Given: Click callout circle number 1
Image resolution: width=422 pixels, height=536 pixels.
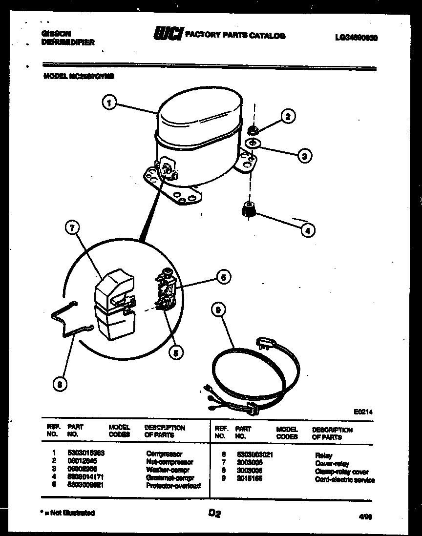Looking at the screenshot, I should pyautogui.click(x=110, y=103).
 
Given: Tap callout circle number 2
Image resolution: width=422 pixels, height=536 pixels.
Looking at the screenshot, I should pyautogui.click(x=288, y=116).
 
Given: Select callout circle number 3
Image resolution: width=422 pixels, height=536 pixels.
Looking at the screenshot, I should pyautogui.click(x=304, y=156).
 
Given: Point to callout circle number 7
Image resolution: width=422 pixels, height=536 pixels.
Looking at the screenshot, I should pyautogui.click(x=72, y=228).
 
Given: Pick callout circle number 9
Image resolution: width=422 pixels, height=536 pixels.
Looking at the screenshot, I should pyautogui.click(x=219, y=309).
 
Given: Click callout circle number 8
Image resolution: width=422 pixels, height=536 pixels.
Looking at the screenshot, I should pyautogui.click(x=60, y=385).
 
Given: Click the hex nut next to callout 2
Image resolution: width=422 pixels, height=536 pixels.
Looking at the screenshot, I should pyautogui.click(x=253, y=130).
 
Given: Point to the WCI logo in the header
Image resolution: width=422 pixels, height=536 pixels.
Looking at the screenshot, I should pyautogui.click(x=168, y=34).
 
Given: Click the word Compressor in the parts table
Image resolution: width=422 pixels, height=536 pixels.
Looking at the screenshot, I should pyautogui.click(x=164, y=454).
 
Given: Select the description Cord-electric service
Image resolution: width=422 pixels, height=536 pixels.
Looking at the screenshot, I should pyautogui.click(x=344, y=480).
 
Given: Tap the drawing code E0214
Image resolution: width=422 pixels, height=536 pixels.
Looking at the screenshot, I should pyautogui.click(x=363, y=412).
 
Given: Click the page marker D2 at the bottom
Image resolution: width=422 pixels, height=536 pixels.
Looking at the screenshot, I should pyautogui.click(x=214, y=513).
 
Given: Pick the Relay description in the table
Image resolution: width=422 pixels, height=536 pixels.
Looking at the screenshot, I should pyautogui.click(x=324, y=455).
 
